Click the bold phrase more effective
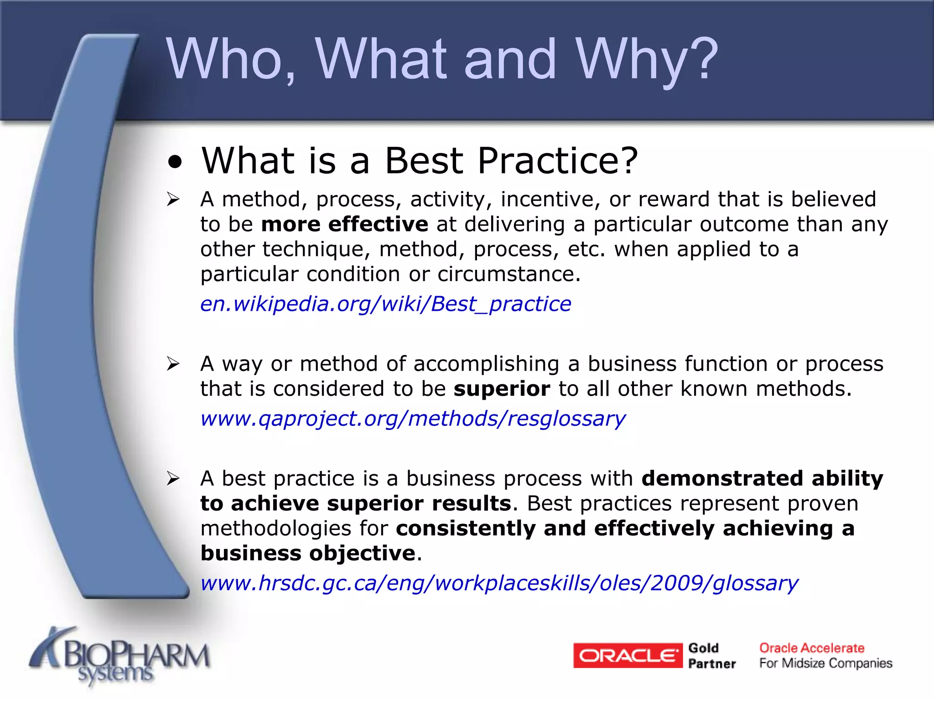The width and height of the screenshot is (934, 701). tap(345, 225)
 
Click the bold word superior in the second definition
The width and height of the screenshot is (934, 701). tap(502, 389)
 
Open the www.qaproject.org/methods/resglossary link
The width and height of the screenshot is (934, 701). tap(413, 419)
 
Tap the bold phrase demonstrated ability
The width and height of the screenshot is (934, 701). tap(762, 479)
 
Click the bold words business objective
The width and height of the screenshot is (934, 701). tap(308, 554)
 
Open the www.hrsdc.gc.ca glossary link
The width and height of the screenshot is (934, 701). tap(499, 584)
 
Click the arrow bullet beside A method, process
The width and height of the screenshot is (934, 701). tap(173, 199)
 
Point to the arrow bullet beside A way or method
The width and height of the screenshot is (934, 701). tap(173, 364)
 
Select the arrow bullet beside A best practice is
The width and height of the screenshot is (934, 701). tap(173, 479)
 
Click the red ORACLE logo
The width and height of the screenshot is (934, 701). tap(628, 656)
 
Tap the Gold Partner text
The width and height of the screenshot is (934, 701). tap(711, 656)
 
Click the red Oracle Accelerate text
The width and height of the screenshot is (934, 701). tap(812, 648)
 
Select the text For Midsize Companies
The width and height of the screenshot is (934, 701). tap(825, 664)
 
